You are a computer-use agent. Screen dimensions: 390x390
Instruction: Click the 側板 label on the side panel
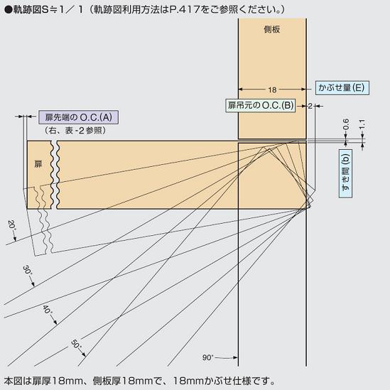[x=272, y=30]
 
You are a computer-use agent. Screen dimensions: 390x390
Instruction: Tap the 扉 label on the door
[x=38, y=164]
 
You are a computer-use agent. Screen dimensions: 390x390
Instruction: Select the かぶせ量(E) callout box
[x=342, y=88]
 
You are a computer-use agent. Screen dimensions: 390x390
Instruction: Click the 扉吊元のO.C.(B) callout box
[x=261, y=105]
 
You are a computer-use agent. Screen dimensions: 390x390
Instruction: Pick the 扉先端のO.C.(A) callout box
[x=78, y=117]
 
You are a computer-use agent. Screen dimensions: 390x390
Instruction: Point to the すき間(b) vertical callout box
[x=345, y=173]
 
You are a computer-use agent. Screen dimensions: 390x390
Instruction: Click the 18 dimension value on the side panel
[x=272, y=90]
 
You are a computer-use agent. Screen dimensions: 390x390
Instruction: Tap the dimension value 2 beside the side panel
[x=310, y=106]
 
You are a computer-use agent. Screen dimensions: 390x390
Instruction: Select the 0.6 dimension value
[x=346, y=124]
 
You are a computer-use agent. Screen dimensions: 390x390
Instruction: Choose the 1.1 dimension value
[x=362, y=124]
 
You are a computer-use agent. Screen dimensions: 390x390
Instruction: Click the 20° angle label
[x=11, y=226]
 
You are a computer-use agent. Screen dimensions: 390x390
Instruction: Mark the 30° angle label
[x=27, y=271]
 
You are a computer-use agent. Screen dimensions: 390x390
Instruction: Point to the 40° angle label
[x=48, y=310]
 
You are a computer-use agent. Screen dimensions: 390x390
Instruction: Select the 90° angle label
[x=208, y=357]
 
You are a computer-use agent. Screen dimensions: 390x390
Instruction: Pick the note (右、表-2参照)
[x=75, y=130]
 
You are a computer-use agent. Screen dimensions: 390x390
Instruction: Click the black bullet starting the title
[x=9, y=10]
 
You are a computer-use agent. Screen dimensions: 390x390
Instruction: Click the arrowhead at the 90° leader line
[x=235, y=357]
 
